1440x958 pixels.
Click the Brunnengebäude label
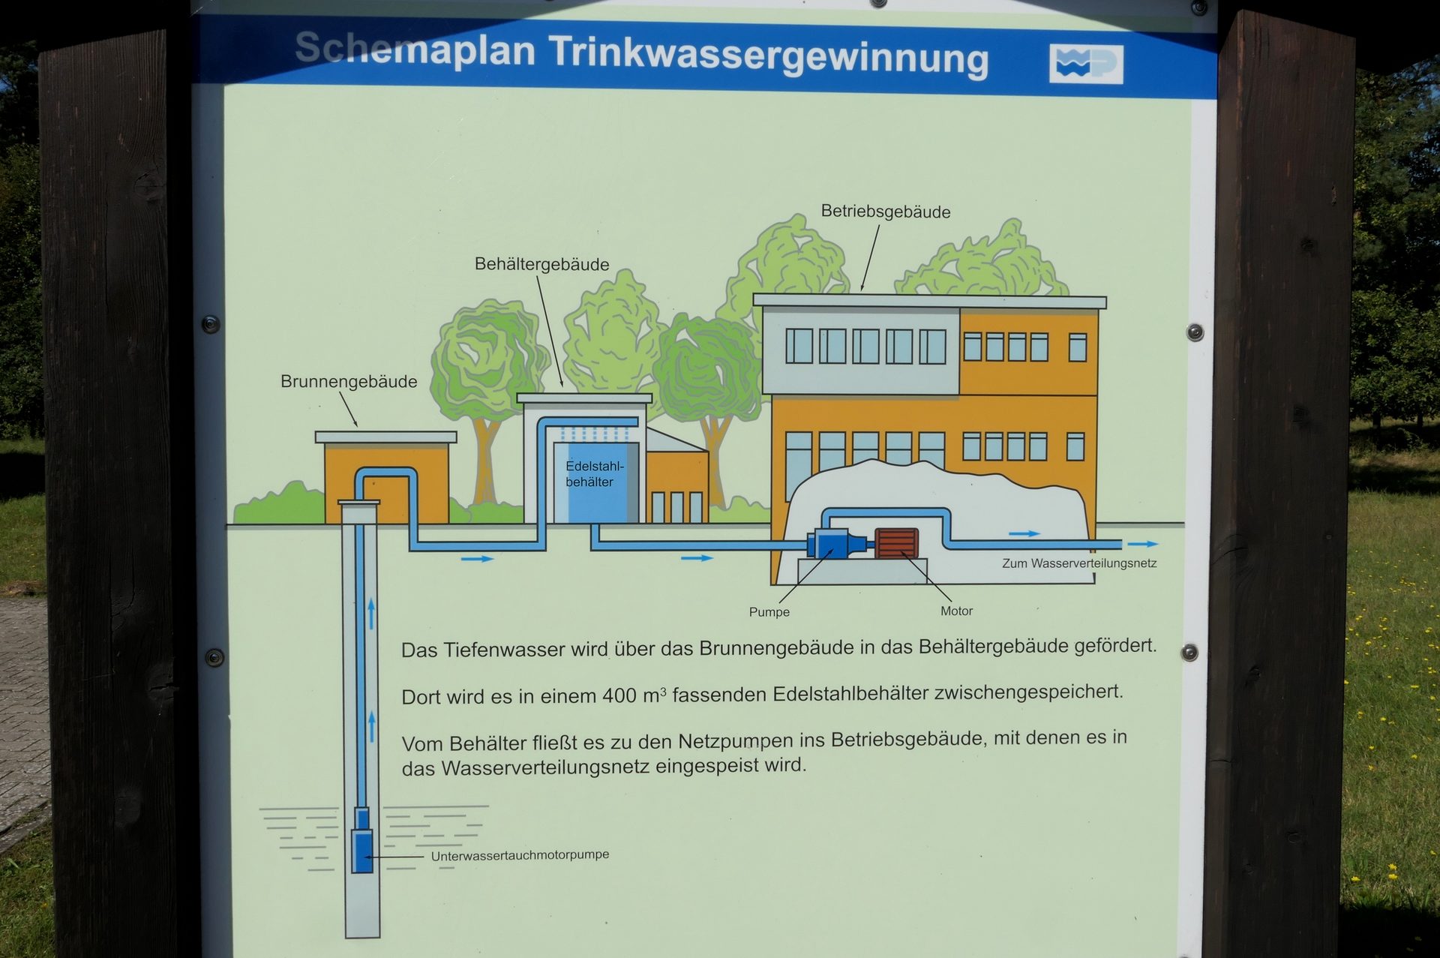click(349, 381)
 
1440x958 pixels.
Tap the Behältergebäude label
click(541, 264)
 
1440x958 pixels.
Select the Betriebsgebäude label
click(885, 212)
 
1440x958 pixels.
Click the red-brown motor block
click(896, 543)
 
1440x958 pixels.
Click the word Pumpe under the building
click(769, 612)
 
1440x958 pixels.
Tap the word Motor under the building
click(956, 611)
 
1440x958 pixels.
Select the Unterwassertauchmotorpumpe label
click(520, 855)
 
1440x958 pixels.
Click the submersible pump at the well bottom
click(362, 840)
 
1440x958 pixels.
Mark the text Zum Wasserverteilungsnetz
click(1079, 563)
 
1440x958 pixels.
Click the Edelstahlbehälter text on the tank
click(594, 474)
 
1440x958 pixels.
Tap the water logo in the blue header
click(1086, 64)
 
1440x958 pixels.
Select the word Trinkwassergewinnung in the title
click(769, 56)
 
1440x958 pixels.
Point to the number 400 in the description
click(619, 696)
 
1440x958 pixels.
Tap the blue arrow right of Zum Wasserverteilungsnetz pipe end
click(1143, 544)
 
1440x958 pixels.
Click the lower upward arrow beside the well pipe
click(371, 726)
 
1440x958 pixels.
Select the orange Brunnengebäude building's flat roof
click(385, 437)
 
